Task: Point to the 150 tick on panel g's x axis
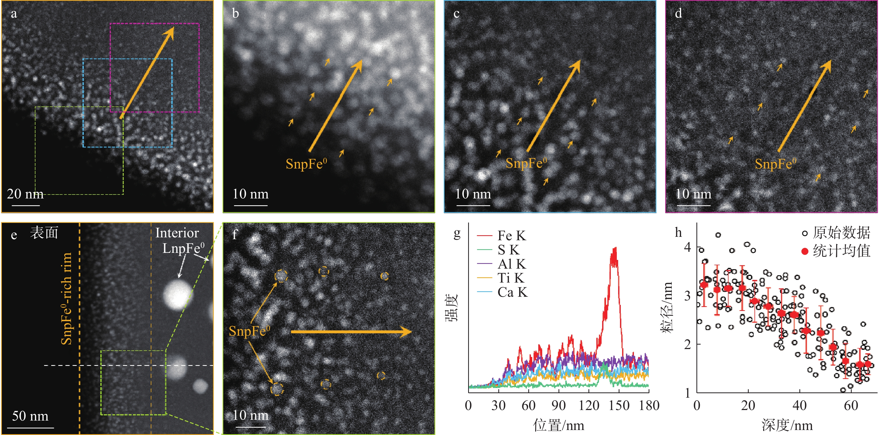click(x=619, y=405)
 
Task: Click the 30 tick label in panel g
click(x=498, y=405)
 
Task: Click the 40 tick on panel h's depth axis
click(x=799, y=405)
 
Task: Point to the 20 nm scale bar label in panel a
click(x=25, y=194)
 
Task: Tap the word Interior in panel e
click(x=177, y=233)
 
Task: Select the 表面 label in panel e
click(x=44, y=233)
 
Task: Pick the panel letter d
click(x=678, y=13)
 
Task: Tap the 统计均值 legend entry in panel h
click(x=836, y=251)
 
